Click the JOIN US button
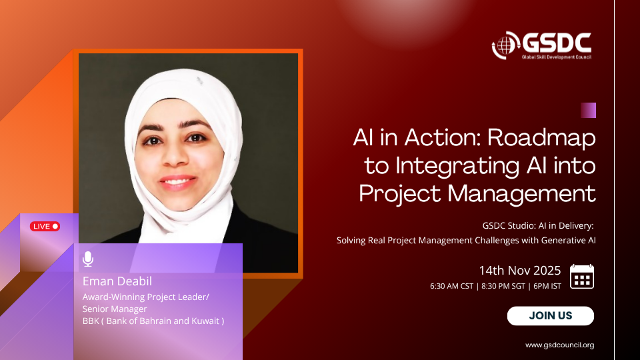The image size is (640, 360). click(550, 316)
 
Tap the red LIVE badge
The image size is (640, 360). click(45, 226)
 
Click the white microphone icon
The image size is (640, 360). click(88, 259)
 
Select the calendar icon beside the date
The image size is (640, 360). click(581, 277)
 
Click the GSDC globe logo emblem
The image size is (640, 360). click(505, 45)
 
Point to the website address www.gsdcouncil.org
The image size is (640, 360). click(559, 345)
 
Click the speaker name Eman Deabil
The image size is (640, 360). click(117, 281)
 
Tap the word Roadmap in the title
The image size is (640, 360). click(541, 137)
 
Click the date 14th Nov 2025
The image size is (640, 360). click(519, 270)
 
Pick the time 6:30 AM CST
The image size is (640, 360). click(451, 286)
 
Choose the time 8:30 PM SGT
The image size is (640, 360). click(503, 286)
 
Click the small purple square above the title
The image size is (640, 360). click(588, 110)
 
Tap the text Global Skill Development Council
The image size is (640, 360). click(556, 57)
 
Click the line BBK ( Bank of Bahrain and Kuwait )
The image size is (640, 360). click(153, 321)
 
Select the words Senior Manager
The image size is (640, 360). click(114, 309)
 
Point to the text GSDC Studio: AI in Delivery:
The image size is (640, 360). click(538, 226)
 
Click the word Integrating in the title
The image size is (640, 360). click(457, 166)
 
